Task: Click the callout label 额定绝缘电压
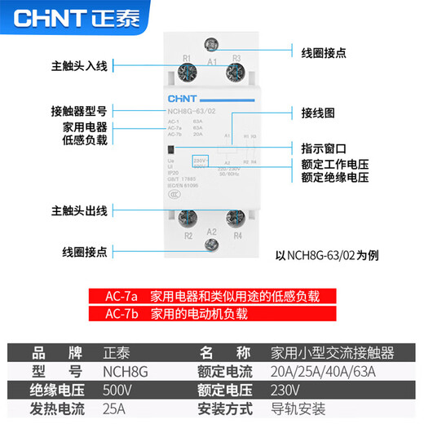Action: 334,176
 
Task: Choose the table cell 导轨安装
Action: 297,408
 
